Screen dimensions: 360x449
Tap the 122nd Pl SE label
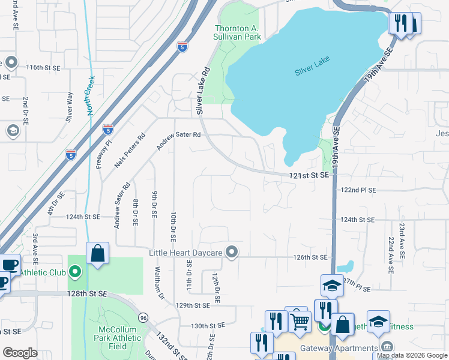358,190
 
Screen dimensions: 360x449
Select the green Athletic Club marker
75,272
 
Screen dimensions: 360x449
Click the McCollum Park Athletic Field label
118,338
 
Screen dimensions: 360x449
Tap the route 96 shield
143,317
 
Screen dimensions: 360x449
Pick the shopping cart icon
300,322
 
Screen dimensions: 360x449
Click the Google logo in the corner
20,353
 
